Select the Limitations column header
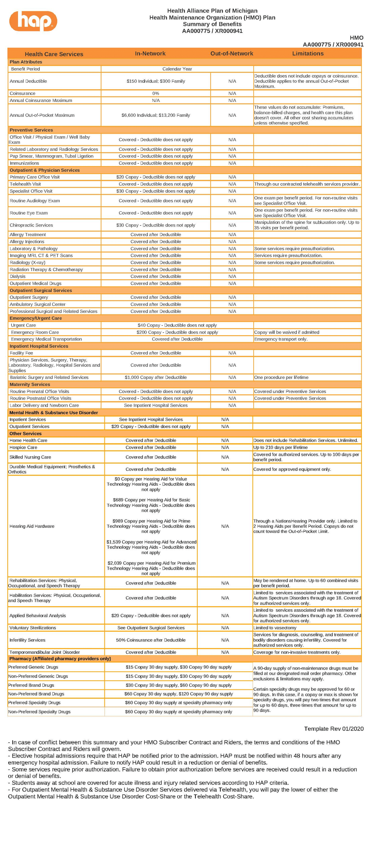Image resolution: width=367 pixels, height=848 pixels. click(x=308, y=53)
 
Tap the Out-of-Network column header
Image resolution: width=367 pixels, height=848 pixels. click(x=232, y=53)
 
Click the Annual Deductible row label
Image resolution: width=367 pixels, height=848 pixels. click(x=28, y=81)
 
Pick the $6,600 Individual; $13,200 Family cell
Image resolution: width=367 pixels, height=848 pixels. click(x=155, y=115)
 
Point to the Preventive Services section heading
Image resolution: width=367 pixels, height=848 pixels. click(x=31, y=130)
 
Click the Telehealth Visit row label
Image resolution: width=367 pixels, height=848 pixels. click(x=25, y=184)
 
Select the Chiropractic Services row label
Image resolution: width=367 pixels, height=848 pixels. click(x=31, y=225)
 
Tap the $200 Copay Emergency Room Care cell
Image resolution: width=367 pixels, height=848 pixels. click(x=177, y=332)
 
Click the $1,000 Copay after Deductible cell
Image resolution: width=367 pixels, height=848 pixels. click(x=155, y=377)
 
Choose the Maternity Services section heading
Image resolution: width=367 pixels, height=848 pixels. click(x=30, y=384)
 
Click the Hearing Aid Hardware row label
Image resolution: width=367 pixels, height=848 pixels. click(x=32, y=526)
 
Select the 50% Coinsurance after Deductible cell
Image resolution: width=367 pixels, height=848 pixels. click(x=151, y=640)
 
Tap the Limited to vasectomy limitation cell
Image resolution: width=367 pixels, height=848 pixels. click(x=275, y=628)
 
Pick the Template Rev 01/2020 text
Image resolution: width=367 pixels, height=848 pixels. click(x=334, y=728)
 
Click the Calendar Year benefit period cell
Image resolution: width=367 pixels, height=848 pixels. click(x=177, y=69)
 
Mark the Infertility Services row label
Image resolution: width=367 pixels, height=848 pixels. click(x=27, y=640)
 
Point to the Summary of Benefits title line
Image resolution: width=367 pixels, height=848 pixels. click(x=212, y=24)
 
